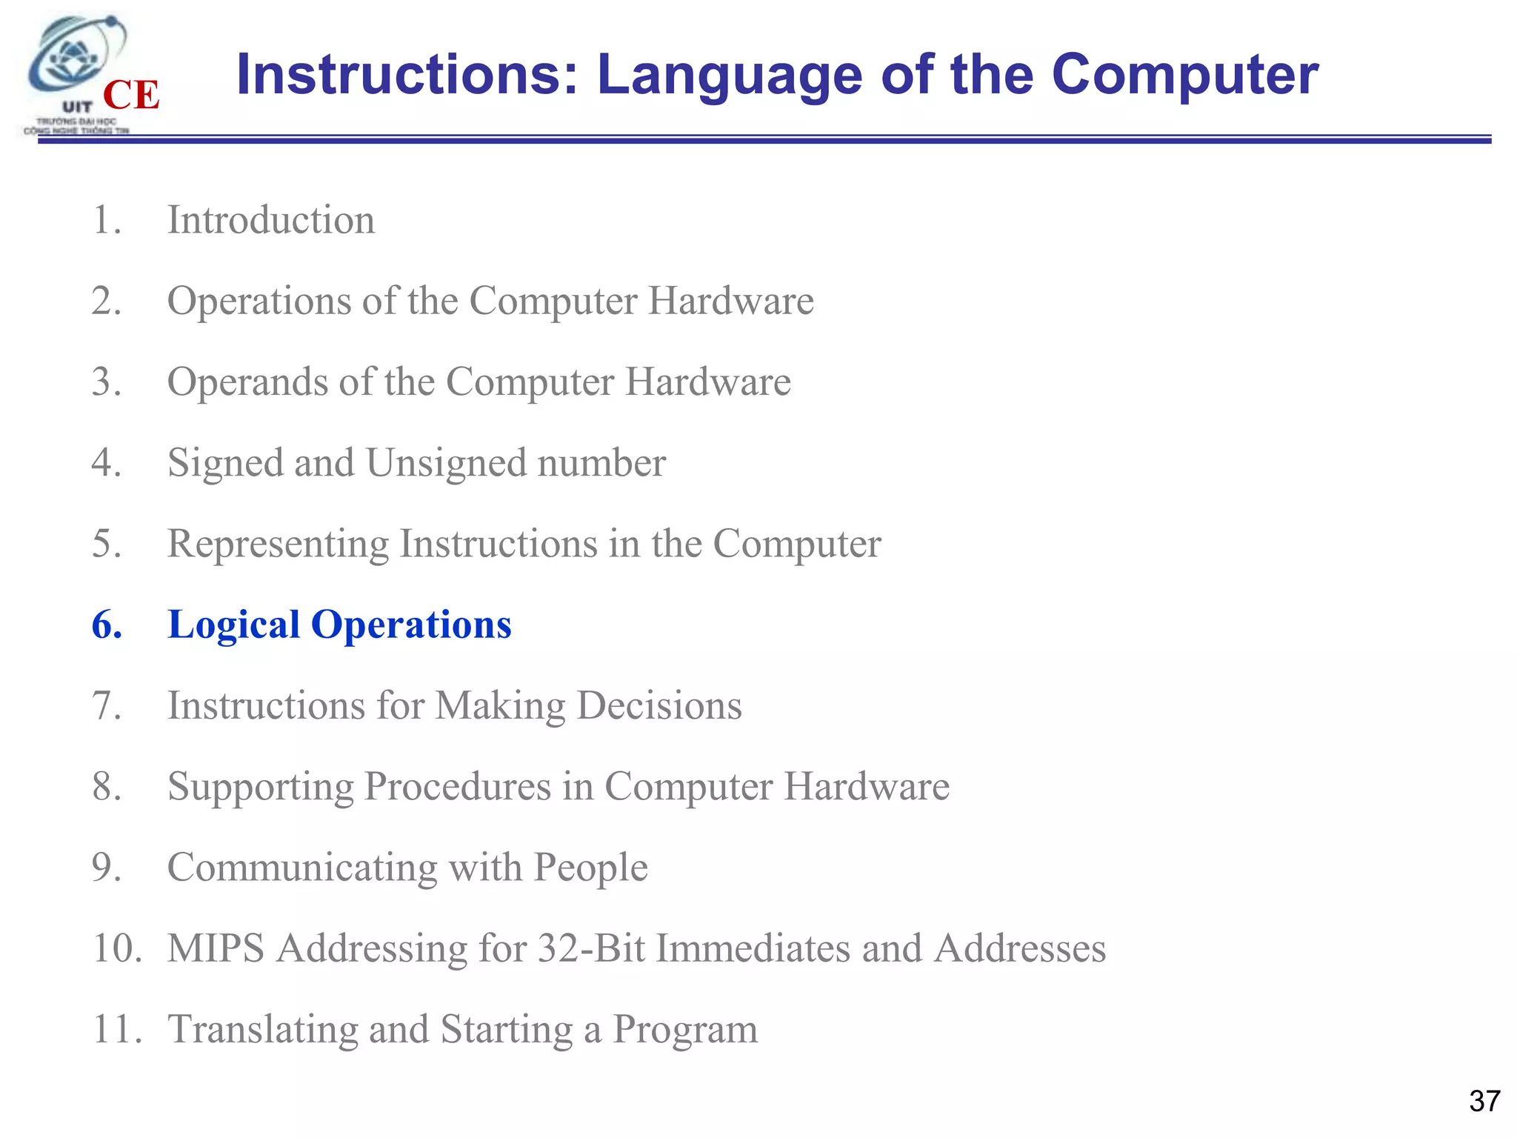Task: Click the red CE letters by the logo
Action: pos(131,95)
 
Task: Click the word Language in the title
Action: pos(730,75)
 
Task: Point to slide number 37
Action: pos(1484,1101)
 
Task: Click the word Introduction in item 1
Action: pos(271,220)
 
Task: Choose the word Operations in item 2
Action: pos(259,302)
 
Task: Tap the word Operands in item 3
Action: pos(247,382)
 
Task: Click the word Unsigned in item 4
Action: pos(446,463)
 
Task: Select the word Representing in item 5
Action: pos(278,545)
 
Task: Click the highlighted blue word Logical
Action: pos(233,625)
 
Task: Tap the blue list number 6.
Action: pos(107,625)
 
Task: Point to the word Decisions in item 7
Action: pos(659,705)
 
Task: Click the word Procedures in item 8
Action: pos(457,787)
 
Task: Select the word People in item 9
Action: pos(590,868)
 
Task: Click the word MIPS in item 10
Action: pos(216,948)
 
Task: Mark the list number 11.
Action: pos(116,1029)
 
